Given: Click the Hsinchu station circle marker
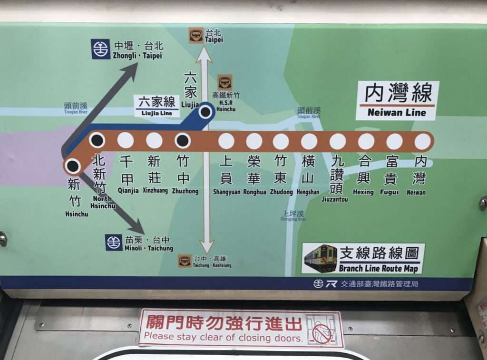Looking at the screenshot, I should pos(73,166).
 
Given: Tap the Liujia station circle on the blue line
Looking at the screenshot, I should pos(205,112).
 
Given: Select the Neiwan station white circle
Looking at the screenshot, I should pos(422,141).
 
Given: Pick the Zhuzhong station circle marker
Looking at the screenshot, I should pos(183,141).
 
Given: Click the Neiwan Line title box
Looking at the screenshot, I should pos(397,100).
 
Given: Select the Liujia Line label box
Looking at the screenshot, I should pos(156,106).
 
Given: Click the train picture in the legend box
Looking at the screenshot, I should pos(321,258).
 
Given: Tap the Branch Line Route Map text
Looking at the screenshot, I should pos(379,268).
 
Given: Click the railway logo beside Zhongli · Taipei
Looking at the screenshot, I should pos(101,49).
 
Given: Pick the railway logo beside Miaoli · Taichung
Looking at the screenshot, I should pos(114,242).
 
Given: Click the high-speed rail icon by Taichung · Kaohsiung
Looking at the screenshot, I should pos(185,261).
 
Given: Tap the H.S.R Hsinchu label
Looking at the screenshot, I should pos(225,99).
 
